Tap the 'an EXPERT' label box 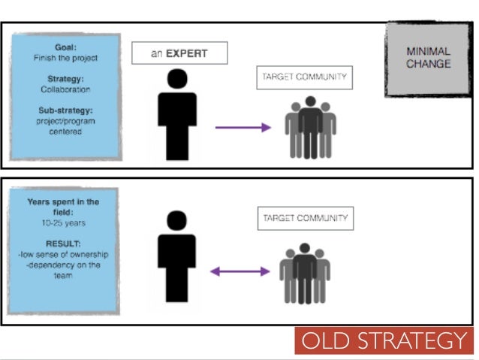(179, 54)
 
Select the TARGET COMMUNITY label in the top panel (305, 78)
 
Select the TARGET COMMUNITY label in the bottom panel (305, 219)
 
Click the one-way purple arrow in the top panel (243, 128)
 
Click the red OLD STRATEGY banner (384, 341)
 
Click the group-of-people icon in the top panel (309, 128)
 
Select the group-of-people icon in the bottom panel (304, 272)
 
